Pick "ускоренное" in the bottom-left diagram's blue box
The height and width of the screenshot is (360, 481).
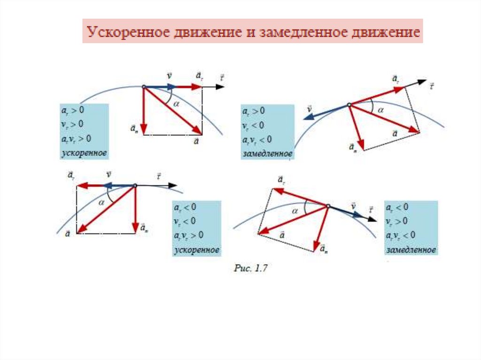(x=197, y=250)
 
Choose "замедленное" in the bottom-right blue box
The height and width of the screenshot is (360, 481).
(x=411, y=250)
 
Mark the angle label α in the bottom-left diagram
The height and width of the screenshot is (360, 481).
(x=101, y=202)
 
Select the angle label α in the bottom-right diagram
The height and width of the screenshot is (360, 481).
(x=295, y=211)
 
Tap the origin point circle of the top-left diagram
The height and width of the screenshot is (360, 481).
(x=144, y=86)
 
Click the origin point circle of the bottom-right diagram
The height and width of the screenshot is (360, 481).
(x=327, y=206)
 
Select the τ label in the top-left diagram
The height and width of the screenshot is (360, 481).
(x=222, y=77)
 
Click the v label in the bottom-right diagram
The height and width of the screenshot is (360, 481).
(x=353, y=206)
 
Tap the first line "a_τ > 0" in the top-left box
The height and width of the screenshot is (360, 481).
(x=72, y=110)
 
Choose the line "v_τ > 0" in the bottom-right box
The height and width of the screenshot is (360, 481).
(x=397, y=221)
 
